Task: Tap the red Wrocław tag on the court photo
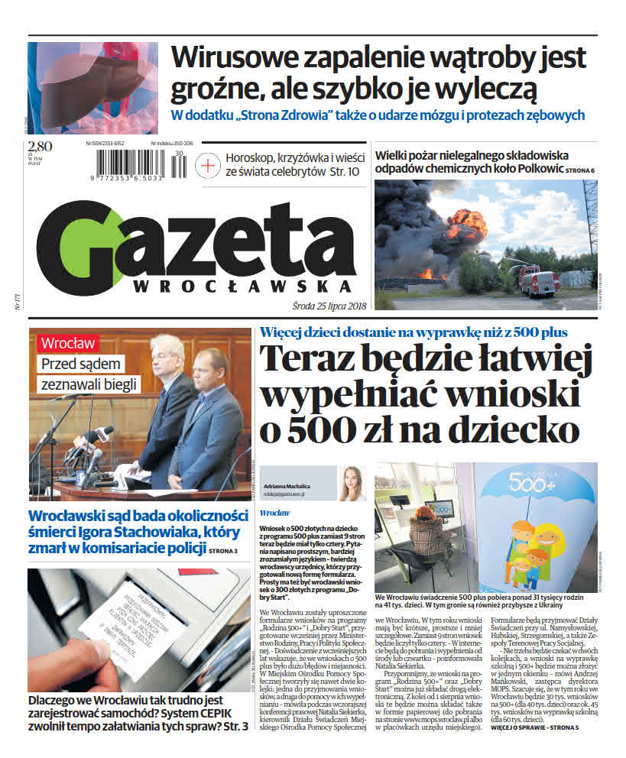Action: pos(68,343)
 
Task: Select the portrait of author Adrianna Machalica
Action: pos(352,483)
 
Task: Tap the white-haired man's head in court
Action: pos(166,353)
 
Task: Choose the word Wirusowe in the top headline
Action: pos(237,57)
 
